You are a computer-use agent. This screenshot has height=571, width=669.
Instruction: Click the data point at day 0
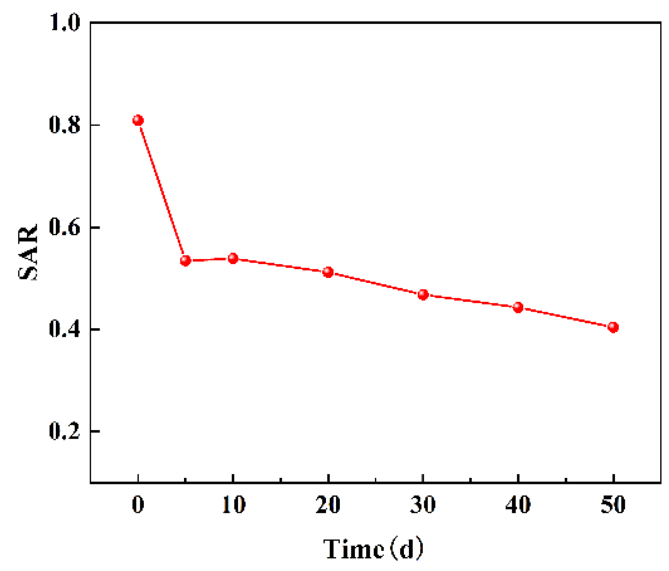tap(138, 120)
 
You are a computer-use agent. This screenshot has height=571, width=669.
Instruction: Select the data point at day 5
tap(185, 261)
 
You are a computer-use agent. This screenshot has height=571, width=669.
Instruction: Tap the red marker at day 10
tap(233, 258)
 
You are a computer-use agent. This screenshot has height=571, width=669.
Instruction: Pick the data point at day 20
tap(328, 272)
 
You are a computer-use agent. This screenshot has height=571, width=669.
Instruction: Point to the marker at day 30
tap(423, 294)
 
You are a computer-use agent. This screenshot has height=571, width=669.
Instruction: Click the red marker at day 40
tap(518, 307)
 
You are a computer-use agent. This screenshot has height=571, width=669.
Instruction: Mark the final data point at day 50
tap(613, 327)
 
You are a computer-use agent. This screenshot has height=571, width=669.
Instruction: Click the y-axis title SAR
tap(29, 252)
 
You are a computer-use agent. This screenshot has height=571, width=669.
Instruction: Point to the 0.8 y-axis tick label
tap(65, 125)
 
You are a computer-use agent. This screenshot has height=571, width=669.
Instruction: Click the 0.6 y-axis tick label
tap(65, 227)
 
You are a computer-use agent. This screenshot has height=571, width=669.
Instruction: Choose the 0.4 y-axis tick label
tap(65, 330)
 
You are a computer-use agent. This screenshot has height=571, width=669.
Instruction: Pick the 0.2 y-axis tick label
tap(65, 432)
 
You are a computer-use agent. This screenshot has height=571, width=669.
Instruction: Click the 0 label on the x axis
tap(138, 505)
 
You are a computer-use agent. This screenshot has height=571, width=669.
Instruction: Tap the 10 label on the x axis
tap(233, 505)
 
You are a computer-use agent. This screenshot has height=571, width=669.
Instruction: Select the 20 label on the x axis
tap(328, 505)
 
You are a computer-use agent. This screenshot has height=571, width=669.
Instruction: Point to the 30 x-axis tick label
tap(423, 505)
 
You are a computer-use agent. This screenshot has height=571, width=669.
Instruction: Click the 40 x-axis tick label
tap(518, 505)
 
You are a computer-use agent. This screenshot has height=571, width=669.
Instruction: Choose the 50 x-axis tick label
tap(613, 505)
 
